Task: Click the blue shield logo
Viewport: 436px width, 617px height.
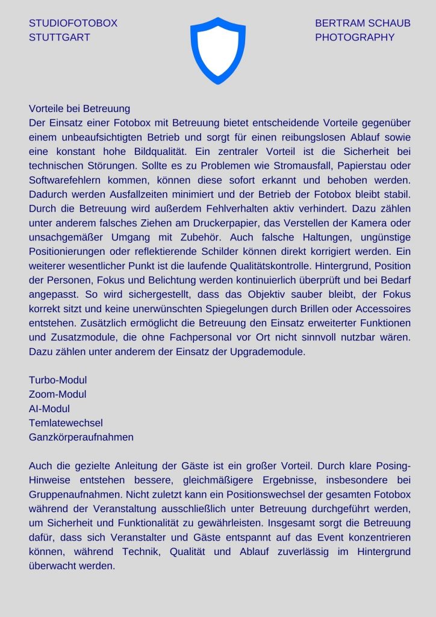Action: point(217,49)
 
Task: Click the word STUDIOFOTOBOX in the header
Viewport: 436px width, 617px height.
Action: point(73,23)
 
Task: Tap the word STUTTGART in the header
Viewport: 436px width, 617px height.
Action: point(59,37)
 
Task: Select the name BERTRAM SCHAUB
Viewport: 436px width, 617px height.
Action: point(363,23)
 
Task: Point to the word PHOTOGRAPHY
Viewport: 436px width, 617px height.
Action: point(355,37)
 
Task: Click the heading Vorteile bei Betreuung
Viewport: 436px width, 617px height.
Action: point(79,109)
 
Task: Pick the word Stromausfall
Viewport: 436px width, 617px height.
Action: point(307,166)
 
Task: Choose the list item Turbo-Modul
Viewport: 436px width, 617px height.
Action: point(58,380)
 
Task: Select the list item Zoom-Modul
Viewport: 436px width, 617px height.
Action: point(57,394)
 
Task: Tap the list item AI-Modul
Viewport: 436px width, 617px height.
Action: point(49,409)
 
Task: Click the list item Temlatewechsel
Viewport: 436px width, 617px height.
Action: point(66,423)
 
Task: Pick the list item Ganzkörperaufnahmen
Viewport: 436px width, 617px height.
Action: point(81,437)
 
